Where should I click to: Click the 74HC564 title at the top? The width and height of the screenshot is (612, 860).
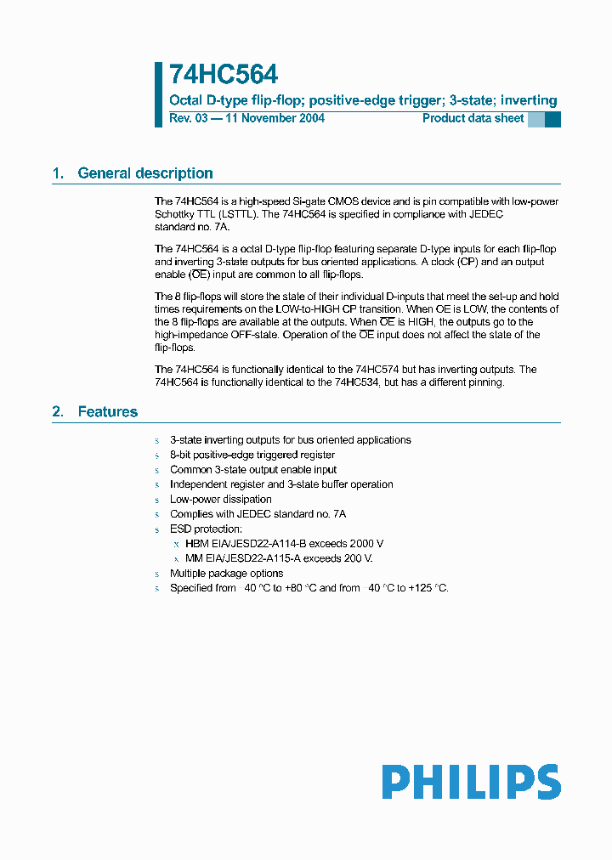click(x=224, y=76)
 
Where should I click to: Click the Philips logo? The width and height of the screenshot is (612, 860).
click(x=471, y=782)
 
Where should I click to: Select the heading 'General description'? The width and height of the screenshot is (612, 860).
click(x=145, y=173)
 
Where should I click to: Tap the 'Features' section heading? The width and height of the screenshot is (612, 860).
click(x=108, y=412)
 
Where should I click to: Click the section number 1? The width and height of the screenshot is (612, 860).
click(x=58, y=173)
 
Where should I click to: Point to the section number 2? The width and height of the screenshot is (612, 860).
click(x=58, y=412)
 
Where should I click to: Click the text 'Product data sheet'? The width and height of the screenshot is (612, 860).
click(x=473, y=118)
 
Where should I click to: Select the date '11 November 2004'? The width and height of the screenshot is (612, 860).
click(x=275, y=118)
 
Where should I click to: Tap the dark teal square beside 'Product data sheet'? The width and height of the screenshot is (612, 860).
click(x=552, y=119)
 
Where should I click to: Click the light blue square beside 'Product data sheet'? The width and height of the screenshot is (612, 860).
click(x=535, y=119)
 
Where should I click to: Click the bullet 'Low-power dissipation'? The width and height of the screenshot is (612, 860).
click(x=221, y=500)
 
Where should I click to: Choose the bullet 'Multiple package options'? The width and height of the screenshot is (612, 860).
click(x=226, y=574)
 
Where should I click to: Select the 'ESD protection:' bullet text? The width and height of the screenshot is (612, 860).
click(x=206, y=529)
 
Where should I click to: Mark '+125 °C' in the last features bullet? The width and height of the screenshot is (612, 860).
click(x=428, y=588)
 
